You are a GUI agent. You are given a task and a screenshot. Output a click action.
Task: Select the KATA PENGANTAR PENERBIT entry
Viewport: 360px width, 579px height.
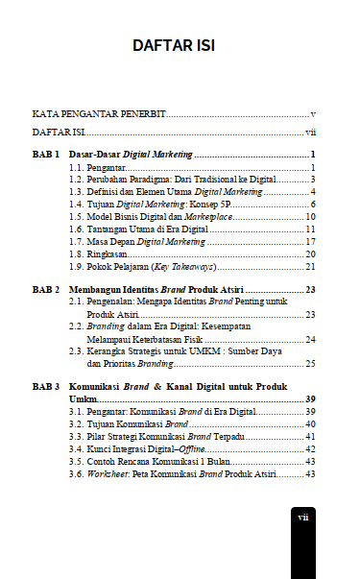coord(99,114)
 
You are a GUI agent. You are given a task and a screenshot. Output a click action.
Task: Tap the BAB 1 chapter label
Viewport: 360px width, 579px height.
coord(47,154)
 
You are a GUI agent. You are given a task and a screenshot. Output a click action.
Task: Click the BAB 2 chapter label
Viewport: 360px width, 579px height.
coord(47,288)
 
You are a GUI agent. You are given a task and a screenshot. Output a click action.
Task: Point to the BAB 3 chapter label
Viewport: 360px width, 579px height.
coord(47,385)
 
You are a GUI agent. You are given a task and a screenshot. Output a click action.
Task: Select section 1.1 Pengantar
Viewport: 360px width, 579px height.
coord(103,167)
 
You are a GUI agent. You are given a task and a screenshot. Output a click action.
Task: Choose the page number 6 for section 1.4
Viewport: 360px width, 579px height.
coord(313,205)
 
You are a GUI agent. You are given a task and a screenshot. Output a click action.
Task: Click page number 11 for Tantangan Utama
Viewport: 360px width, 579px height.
coord(311,229)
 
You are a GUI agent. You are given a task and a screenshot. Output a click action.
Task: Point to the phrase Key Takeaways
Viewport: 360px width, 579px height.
coord(189,267)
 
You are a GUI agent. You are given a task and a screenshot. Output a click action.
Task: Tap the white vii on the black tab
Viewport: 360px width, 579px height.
coord(302,517)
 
